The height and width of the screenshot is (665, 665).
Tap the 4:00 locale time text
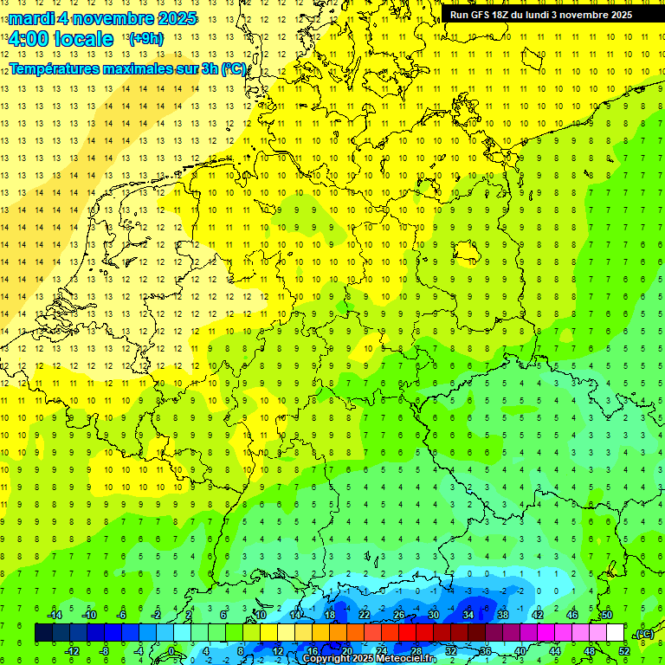[x=61, y=39]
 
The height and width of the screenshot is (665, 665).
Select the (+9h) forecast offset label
[x=145, y=39]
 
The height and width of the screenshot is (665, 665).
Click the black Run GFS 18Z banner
[x=541, y=15]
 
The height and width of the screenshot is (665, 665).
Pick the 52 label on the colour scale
[x=624, y=651]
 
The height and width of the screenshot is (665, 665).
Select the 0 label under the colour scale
[x=171, y=651]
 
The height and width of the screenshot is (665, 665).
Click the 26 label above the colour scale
[x=399, y=615]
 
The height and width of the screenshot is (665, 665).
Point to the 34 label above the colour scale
[x=468, y=615]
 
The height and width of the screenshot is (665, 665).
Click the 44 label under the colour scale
[x=555, y=651]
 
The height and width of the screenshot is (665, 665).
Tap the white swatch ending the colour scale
[x=616, y=633]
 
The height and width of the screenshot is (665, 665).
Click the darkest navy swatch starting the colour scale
[x=43, y=633]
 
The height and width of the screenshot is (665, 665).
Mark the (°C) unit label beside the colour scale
[x=644, y=634]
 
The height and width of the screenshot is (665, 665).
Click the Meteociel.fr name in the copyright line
[x=405, y=659]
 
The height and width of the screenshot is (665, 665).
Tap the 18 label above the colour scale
[x=330, y=615]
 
